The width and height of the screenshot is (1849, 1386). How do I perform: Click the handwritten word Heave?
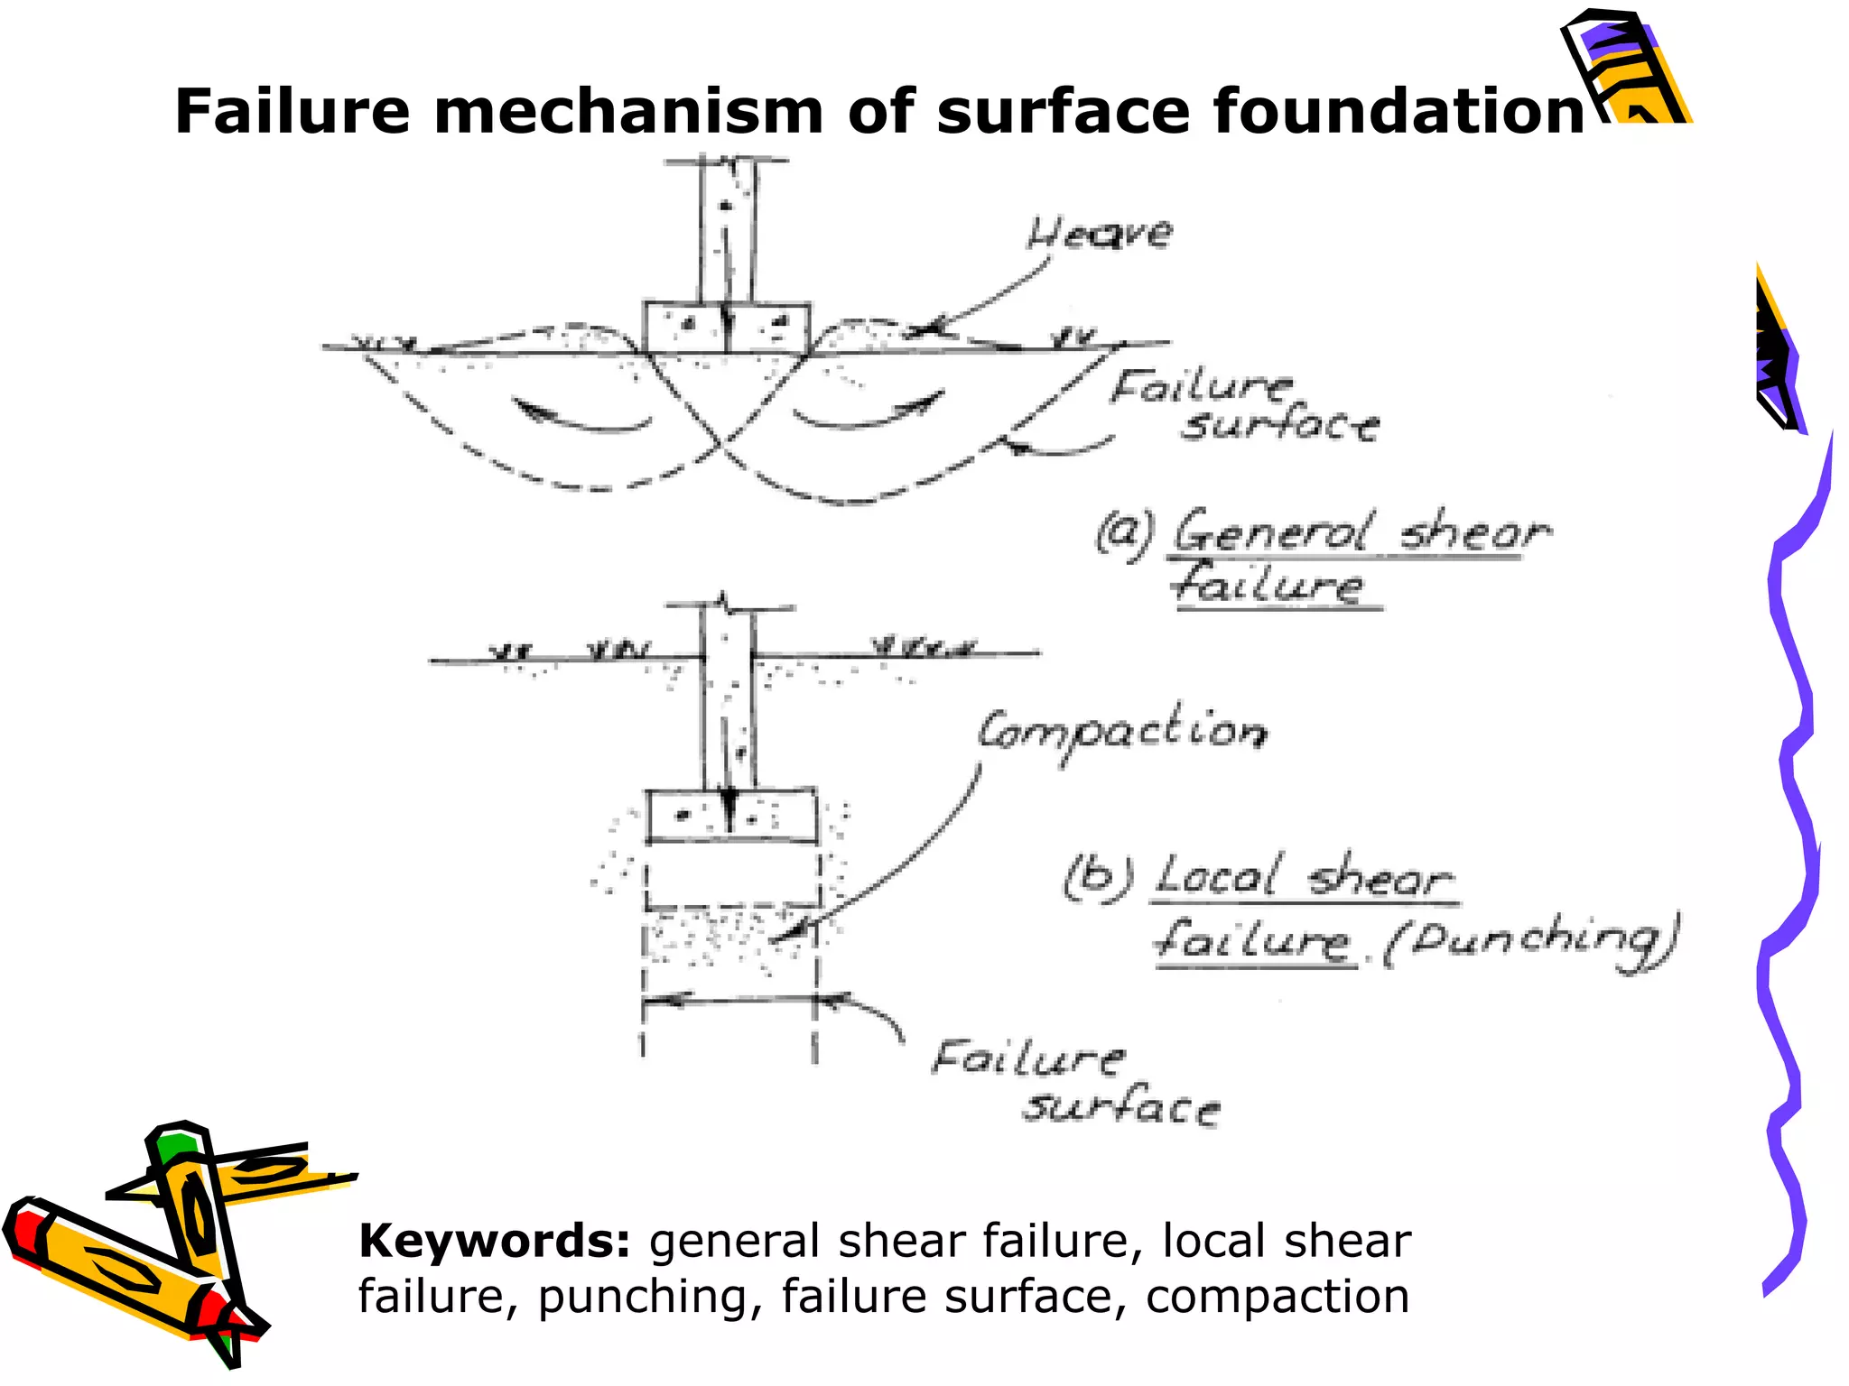pos(1100,233)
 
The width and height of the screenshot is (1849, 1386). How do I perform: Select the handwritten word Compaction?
pos(1122,732)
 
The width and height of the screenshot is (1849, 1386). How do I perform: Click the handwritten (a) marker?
pos(1123,532)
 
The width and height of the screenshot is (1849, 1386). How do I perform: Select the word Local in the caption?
pos(1217,875)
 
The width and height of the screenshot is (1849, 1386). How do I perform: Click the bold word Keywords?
pos(493,1241)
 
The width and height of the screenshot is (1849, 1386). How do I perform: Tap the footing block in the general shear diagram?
pos(726,328)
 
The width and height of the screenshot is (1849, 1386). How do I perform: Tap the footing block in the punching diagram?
pos(731,816)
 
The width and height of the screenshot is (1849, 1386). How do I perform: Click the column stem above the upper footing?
pos(728,230)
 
